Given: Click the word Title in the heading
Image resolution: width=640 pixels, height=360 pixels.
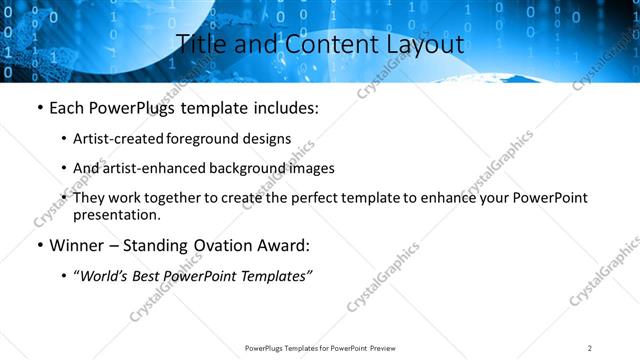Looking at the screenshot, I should coord(200,45).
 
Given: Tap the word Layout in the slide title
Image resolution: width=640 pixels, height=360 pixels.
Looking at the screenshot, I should coord(421,45).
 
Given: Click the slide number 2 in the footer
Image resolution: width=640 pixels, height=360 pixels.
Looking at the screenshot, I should coord(589,348).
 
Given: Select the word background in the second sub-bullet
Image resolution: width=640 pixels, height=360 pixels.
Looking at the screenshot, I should coord(236,168).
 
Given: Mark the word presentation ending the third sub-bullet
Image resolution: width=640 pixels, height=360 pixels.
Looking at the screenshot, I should coord(115,214).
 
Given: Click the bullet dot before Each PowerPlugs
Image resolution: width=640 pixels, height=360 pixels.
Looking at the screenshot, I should coord(39,108).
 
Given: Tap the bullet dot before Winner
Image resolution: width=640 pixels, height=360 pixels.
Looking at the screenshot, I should coord(39,245).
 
